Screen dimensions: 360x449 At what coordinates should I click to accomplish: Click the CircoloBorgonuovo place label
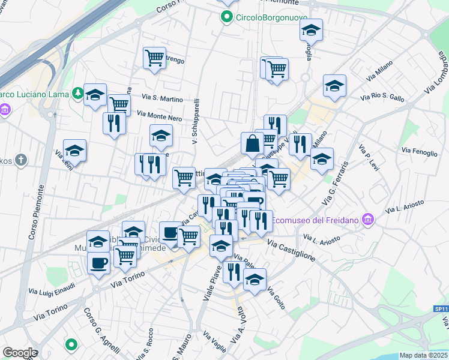point(263,17)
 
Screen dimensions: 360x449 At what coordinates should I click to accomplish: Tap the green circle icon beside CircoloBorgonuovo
point(228,17)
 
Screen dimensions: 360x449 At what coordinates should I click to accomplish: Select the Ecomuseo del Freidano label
point(316,221)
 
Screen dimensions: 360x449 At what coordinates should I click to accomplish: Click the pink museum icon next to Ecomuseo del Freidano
point(368,221)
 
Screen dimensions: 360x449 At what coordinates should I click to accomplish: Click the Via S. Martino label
point(162,98)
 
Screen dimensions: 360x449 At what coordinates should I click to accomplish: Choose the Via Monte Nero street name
point(159,115)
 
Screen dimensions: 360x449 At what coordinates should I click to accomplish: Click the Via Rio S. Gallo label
point(382,96)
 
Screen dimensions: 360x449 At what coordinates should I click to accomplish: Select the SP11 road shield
point(441,308)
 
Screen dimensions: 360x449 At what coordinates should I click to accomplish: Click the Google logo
point(19,353)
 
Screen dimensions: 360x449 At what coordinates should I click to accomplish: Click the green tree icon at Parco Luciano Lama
point(77,93)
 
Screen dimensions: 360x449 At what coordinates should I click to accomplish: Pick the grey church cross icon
point(22,160)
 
